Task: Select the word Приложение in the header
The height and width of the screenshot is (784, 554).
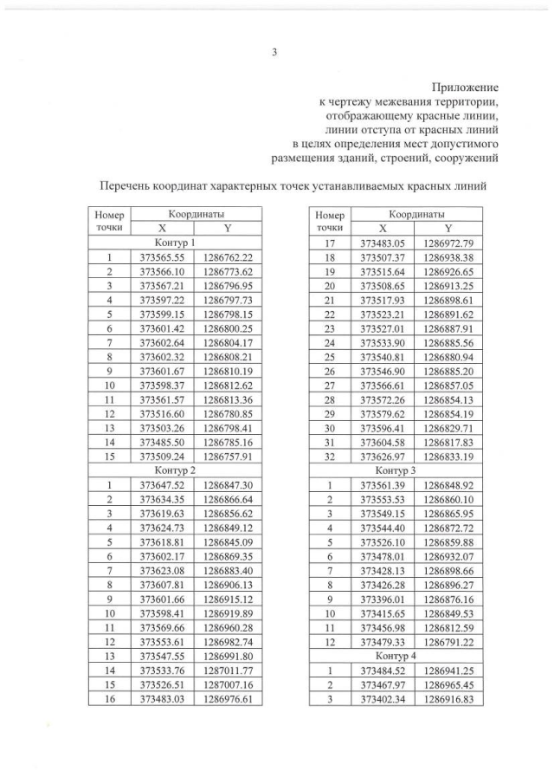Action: pos(466,87)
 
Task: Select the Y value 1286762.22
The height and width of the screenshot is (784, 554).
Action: pos(228,258)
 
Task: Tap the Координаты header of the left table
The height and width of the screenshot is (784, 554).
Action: pos(195,213)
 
